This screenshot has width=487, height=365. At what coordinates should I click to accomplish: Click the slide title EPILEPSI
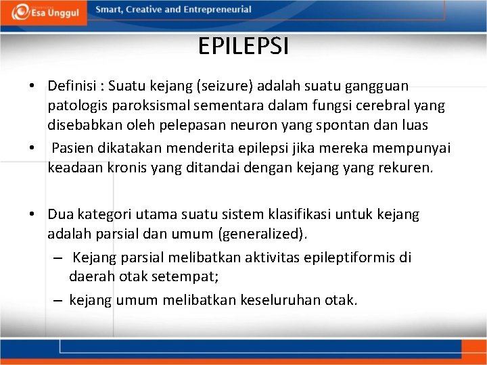point(243,46)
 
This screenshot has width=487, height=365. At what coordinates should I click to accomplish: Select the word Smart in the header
point(110,9)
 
